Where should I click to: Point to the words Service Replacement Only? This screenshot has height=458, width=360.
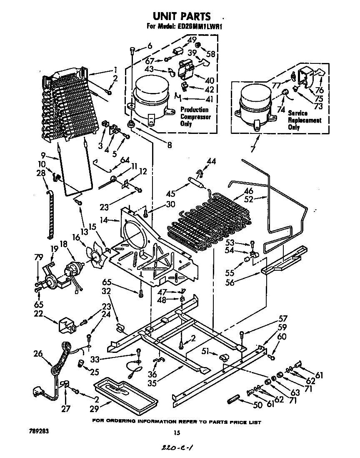tap(304, 120)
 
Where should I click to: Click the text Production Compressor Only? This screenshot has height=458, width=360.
tap(195, 117)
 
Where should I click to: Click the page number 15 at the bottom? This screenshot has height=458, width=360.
tap(181, 433)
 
